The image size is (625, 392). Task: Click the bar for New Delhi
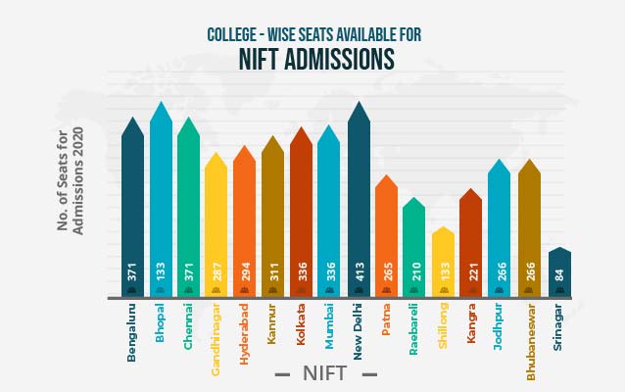(x=359, y=206)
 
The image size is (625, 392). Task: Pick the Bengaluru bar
(x=132, y=211)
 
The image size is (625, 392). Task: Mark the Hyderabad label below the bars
(x=245, y=334)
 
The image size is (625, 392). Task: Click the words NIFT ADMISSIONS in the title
(x=316, y=61)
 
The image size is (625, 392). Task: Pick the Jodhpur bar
(x=500, y=230)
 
